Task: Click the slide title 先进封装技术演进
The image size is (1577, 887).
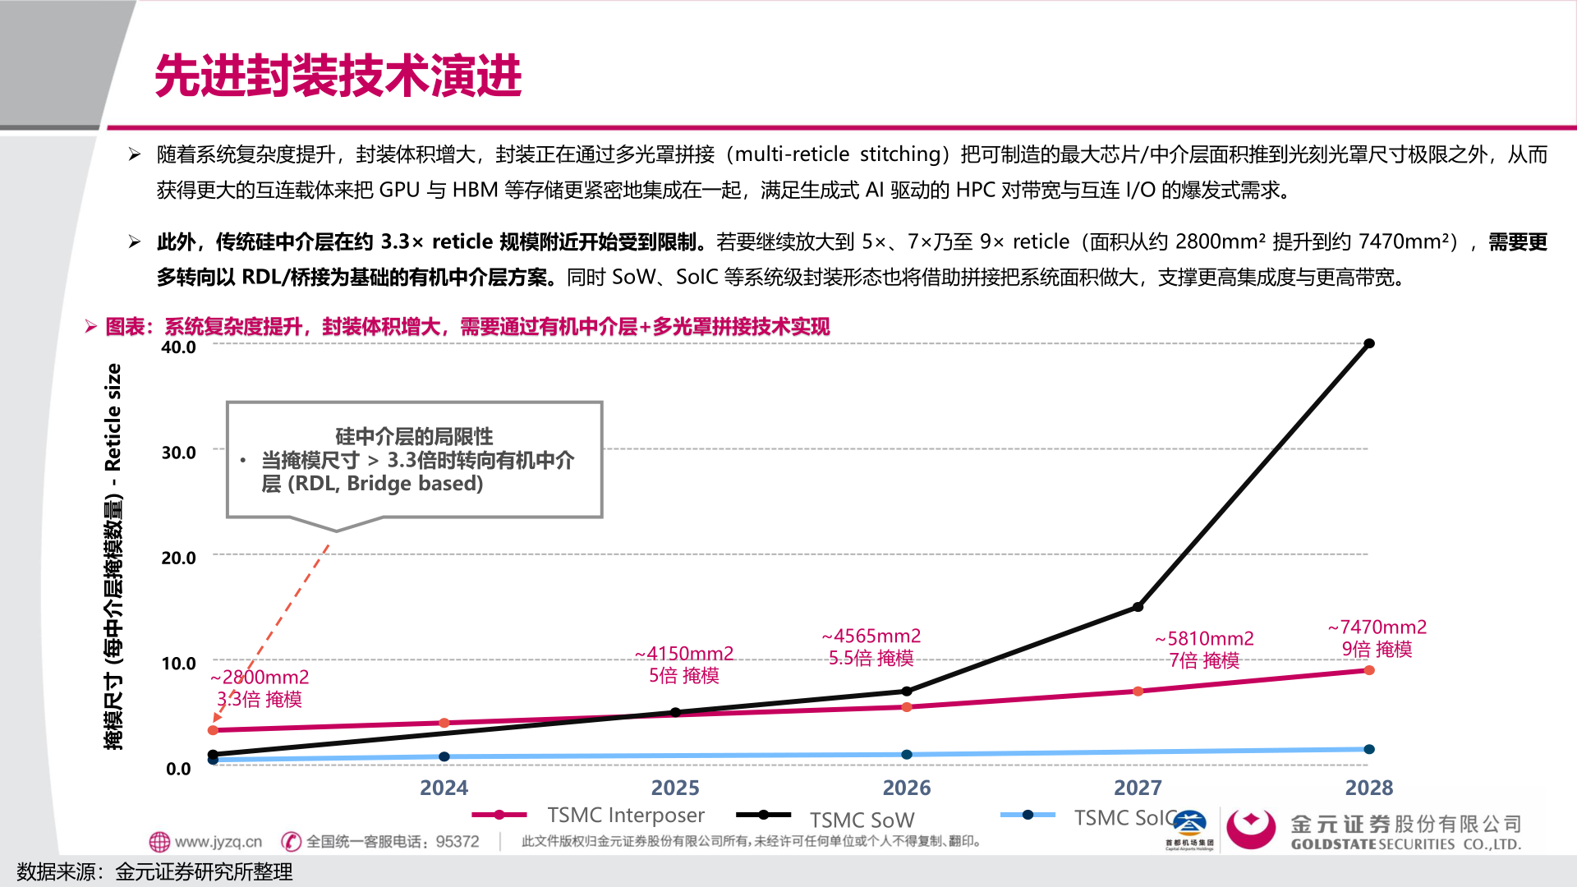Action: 338,76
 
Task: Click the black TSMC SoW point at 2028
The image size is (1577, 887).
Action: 1368,343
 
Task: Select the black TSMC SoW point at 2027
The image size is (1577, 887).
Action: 1138,607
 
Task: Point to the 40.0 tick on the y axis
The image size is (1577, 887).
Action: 178,347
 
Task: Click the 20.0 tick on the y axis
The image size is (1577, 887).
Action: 178,558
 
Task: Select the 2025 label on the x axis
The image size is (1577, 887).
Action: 674,788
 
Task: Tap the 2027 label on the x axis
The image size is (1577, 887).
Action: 1138,788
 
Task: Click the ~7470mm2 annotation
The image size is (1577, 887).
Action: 1377,627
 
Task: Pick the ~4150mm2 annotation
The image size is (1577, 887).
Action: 683,654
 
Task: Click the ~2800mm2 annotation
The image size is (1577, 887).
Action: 260,678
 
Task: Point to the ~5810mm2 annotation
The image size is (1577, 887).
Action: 1204,639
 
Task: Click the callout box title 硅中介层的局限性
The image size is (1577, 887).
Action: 414,436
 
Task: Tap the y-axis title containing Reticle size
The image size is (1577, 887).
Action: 113,556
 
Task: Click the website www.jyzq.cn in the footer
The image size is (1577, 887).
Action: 217,842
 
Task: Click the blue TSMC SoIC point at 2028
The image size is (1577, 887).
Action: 1368,749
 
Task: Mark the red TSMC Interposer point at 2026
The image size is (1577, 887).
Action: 907,707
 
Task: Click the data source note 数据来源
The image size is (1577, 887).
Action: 154,871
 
